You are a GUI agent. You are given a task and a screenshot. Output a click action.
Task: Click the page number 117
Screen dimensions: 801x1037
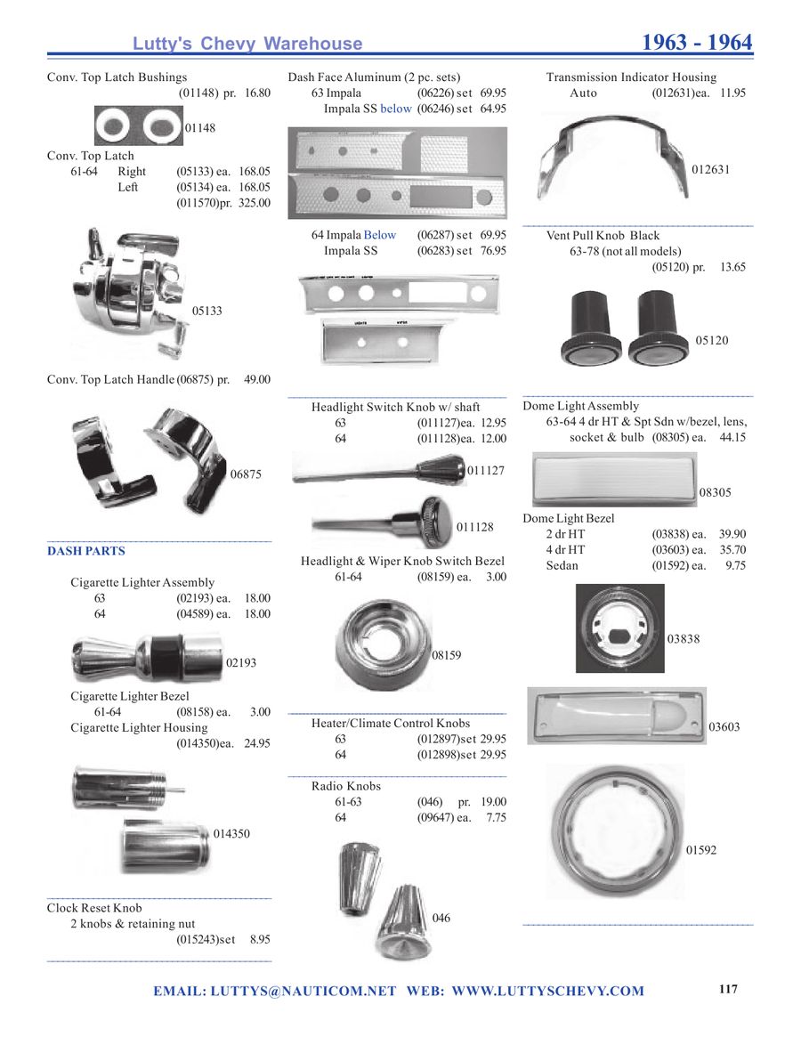click(728, 989)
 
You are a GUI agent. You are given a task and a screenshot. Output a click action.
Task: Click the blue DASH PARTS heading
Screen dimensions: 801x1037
click(86, 551)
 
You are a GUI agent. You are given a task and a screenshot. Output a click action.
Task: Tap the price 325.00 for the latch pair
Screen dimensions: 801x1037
click(255, 203)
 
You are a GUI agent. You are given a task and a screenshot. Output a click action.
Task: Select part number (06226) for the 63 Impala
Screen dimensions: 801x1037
click(435, 93)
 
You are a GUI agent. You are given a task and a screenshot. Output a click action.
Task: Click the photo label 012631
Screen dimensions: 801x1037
click(710, 169)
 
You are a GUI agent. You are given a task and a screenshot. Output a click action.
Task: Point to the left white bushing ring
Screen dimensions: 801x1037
click(115, 126)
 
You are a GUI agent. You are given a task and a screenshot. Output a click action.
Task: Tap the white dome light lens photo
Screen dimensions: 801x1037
click(614, 480)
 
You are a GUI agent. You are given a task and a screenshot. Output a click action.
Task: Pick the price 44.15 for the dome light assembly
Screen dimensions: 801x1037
click(732, 437)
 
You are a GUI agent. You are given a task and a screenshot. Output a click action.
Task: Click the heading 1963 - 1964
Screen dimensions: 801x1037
click(697, 43)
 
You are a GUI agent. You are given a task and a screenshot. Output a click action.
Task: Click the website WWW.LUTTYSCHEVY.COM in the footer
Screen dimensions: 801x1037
click(547, 991)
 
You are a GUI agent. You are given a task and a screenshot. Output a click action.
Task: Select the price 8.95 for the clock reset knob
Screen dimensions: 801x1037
click(260, 939)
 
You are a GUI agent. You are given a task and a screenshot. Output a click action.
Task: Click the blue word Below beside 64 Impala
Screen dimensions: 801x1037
click(380, 235)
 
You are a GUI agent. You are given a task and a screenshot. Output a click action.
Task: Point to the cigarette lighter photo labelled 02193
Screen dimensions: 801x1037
click(147, 658)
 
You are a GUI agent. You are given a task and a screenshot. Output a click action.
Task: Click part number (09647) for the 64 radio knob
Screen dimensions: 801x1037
click(435, 817)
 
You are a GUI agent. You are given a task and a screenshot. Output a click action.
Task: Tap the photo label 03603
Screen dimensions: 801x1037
click(724, 727)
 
